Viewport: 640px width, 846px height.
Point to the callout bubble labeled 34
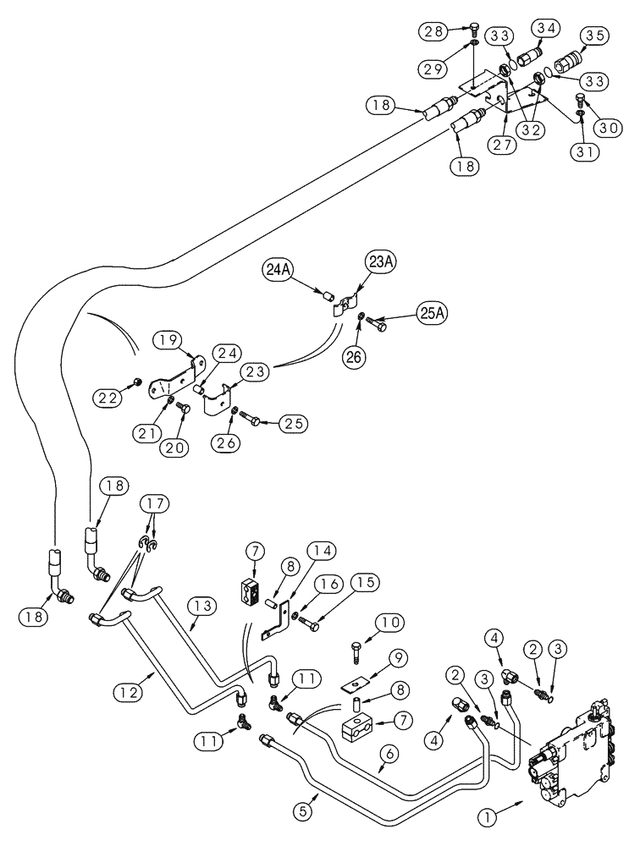(x=548, y=29)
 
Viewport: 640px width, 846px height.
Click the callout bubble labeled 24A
(x=279, y=272)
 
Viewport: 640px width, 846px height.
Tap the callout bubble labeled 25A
(x=433, y=313)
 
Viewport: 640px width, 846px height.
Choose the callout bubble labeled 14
(x=323, y=551)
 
